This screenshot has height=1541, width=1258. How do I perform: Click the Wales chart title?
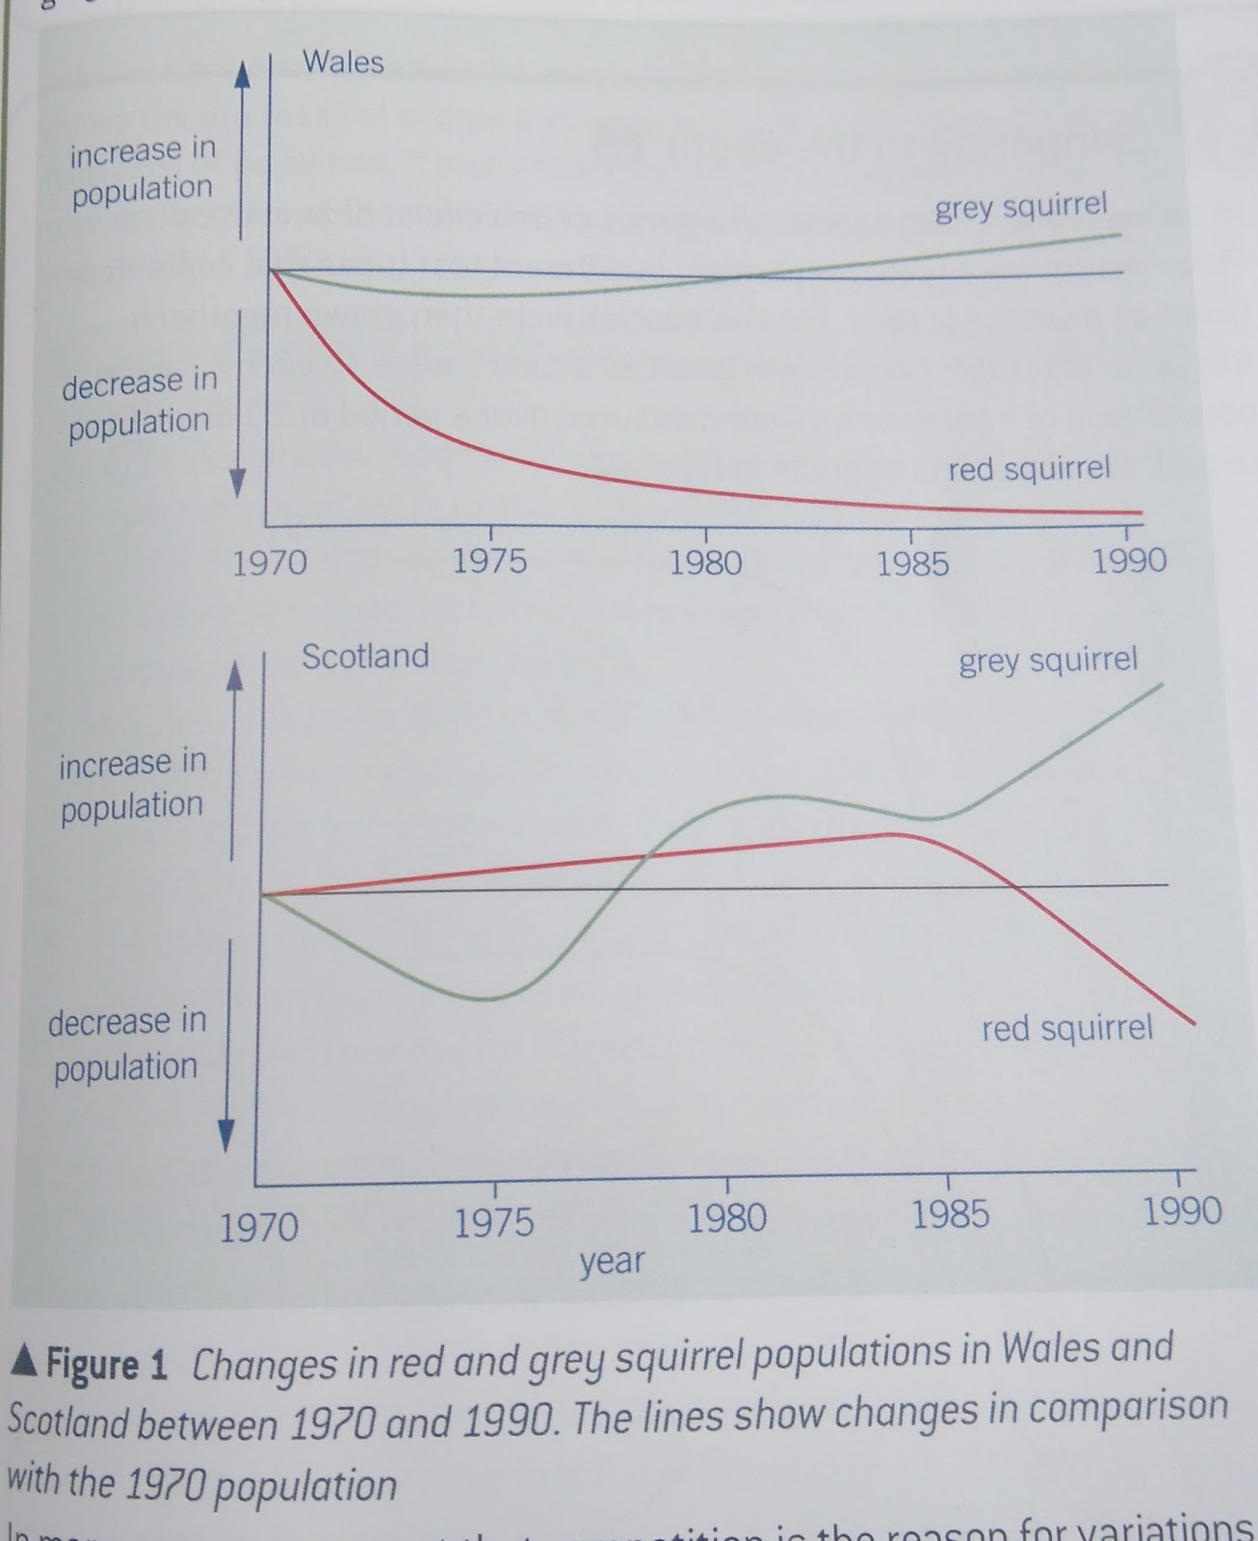click(x=343, y=63)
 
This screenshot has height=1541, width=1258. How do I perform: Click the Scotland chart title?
click(x=365, y=657)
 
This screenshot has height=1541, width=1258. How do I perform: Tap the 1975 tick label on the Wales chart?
click(x=490, y=562)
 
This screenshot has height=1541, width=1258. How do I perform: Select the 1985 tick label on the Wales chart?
click(x=912, y=563)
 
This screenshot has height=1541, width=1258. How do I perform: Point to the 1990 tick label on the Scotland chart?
click(x=1182, y=1211)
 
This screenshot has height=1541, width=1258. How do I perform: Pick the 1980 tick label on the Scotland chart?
click(x=727, y=1218)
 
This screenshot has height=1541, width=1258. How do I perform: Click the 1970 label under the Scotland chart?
click(x=258, y=1228)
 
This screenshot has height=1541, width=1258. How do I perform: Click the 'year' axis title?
click(x=612, y=1261)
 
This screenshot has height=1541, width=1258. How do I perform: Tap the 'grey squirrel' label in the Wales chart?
click(x=1021, y=207)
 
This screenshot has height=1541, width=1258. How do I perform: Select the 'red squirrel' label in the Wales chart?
click(x=1029, y=470)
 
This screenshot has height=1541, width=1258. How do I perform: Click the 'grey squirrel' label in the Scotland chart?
click(x=1048, y=662)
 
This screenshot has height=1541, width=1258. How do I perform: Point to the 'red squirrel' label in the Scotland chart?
click(x=1066, y=1029)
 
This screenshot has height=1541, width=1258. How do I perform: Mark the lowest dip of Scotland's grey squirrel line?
click(x=488, y=999)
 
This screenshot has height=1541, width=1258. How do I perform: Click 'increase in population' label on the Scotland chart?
click(x=132, y=784)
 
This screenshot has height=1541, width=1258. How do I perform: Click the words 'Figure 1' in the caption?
click(x=107, y=1365)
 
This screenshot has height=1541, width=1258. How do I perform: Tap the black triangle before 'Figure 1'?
click(x=25, y=1362)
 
